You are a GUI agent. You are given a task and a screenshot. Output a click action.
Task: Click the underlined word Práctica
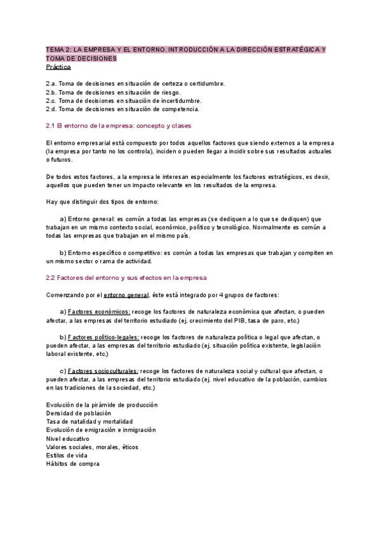click(x=58, y=67)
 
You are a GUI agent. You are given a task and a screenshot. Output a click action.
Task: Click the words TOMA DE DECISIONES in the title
click(x=82, y=58)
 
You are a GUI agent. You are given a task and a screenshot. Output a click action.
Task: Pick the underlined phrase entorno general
click(x=126, y=294)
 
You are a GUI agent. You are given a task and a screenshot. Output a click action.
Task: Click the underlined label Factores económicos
click(x=99, y=312)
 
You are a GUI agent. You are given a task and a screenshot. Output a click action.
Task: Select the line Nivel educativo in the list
click(x=68, y=438)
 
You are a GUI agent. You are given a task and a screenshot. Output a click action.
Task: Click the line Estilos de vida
click(x=67, y=456)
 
